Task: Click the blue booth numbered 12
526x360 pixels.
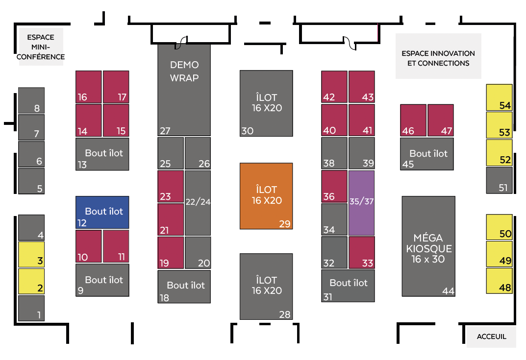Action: [x=102, y=212]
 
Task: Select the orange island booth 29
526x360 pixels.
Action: [x=266, y=196]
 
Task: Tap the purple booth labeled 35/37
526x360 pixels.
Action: [x=361, y=203]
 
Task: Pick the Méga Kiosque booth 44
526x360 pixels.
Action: [x=428, y=246]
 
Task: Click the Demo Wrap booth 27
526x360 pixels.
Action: [x=184, y=90]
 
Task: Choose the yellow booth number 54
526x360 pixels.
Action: [x=499, y=97]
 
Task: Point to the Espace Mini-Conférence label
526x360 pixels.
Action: [x=41, y=47]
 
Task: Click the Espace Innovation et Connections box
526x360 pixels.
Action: [x=438, y=56]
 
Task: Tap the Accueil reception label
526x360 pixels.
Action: [x=491, y=337]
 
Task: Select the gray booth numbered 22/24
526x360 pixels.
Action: [x=198, y=202]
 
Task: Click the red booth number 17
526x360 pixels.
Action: [x=116, y=87]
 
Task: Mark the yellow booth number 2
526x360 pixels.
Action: [x=31, y=281]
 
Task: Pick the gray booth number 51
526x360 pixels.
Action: [x=499, y=180]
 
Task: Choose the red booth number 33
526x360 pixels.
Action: [x=362, y=252]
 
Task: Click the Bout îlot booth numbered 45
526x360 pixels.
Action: [x=427, y=154]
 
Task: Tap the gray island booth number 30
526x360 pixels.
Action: [x=266, y=103]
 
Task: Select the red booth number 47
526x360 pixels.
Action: [x=440, y=120]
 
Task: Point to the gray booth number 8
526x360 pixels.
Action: [x=31, y=100]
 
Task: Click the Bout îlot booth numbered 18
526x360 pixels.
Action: [x=184, y=287]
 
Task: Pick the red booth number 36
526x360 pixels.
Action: [x=334, y=186]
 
